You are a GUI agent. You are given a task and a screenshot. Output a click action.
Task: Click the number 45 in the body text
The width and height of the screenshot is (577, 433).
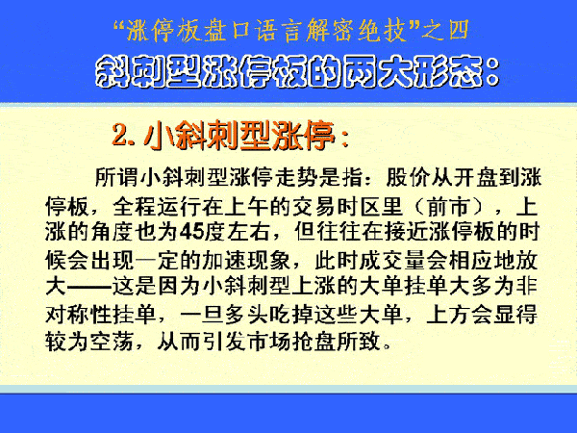click(191, 232)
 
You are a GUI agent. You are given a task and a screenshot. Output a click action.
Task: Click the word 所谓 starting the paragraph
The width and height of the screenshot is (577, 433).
click(116, 177)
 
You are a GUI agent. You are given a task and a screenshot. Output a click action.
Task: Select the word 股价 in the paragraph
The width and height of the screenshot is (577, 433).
click(408, 177)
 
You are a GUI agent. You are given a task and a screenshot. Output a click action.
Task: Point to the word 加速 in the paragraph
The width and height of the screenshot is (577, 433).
click(224, 261)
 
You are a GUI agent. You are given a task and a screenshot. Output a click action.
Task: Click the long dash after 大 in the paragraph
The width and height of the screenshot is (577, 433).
click(89, 288)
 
